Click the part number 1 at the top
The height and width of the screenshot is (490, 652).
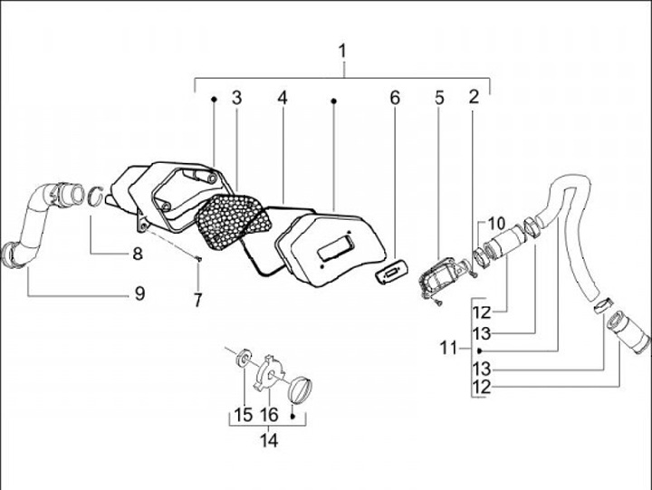tap(343, 51)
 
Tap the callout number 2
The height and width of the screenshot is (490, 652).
tap(473, 97)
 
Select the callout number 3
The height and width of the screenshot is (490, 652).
tap(236, 97)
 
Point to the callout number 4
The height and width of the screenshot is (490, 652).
tap(283, 97)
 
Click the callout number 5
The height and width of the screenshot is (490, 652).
tap(439, 97)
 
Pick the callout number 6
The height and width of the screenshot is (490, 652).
tap(395, 97)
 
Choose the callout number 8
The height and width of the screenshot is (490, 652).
tap(138, 255)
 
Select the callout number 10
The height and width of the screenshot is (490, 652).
tap(497, 224)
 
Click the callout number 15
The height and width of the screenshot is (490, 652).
tap(241, 415)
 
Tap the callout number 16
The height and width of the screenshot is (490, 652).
tap(269, 415)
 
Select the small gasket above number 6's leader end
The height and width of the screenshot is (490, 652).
tap(394, 274)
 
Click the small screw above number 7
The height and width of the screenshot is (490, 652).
tap(198, 260)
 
